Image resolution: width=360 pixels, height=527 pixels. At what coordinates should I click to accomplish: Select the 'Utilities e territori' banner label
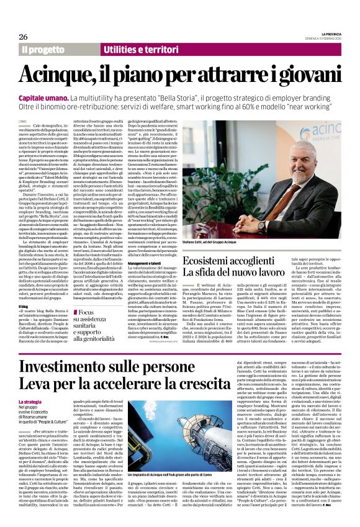(x=128, y=48)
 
